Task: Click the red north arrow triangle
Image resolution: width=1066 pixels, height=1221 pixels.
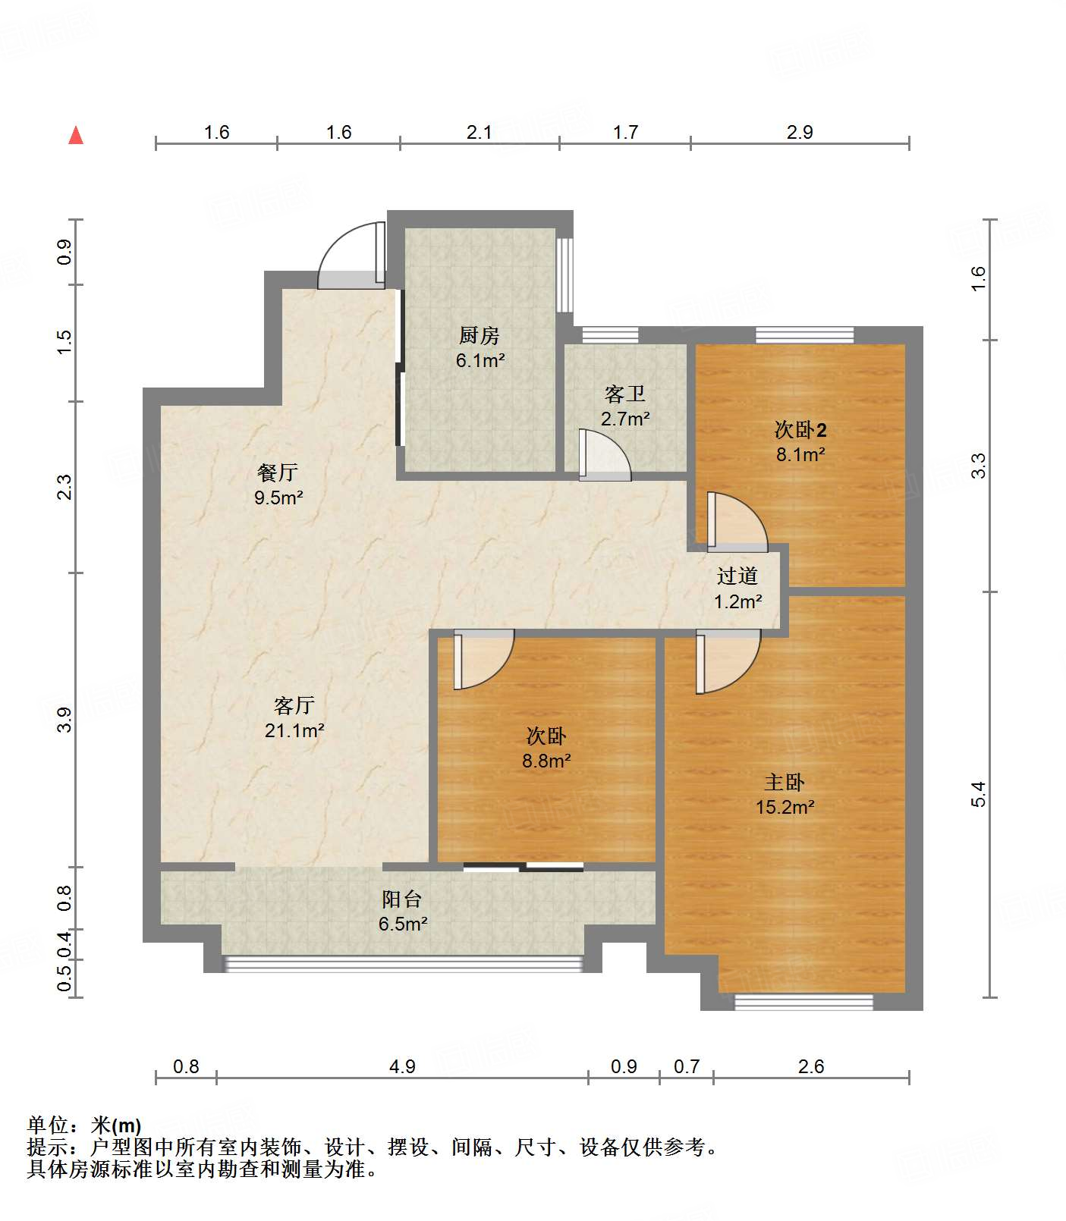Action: click(x=76, y=136)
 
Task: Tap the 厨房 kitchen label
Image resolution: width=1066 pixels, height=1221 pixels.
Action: click(x=480, y=335)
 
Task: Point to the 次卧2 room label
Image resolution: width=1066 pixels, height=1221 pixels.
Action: click(x=800, y=430)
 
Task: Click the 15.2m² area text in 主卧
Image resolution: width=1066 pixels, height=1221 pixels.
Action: click(x=785, y=807)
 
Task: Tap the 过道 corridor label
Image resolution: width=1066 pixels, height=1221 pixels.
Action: click(x=737, y=576)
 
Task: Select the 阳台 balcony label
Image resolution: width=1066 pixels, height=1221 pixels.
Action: click(x=401, y=899)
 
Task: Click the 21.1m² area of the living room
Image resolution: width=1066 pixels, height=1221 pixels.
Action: click(x=294, y=730)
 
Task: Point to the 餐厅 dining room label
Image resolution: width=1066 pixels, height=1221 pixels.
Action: click(x=278, y=473)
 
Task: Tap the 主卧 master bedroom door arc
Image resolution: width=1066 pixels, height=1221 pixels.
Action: click(x=727, y=661)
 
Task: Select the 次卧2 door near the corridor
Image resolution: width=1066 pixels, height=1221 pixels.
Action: click(x=736, y=523)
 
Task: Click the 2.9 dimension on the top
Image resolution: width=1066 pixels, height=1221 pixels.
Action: click(x=799, y=133)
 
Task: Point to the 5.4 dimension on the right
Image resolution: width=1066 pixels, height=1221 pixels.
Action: click(x=978, y=793)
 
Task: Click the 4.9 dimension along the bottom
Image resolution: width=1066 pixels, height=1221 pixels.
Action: click(x=402, y=1066)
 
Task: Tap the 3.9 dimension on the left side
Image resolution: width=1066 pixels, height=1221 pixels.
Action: click(x=64, y=719)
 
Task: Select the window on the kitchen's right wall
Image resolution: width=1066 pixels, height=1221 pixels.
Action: click(x=564, y=275)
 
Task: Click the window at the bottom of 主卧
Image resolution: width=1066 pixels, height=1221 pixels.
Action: click(x=803, y=1002)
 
